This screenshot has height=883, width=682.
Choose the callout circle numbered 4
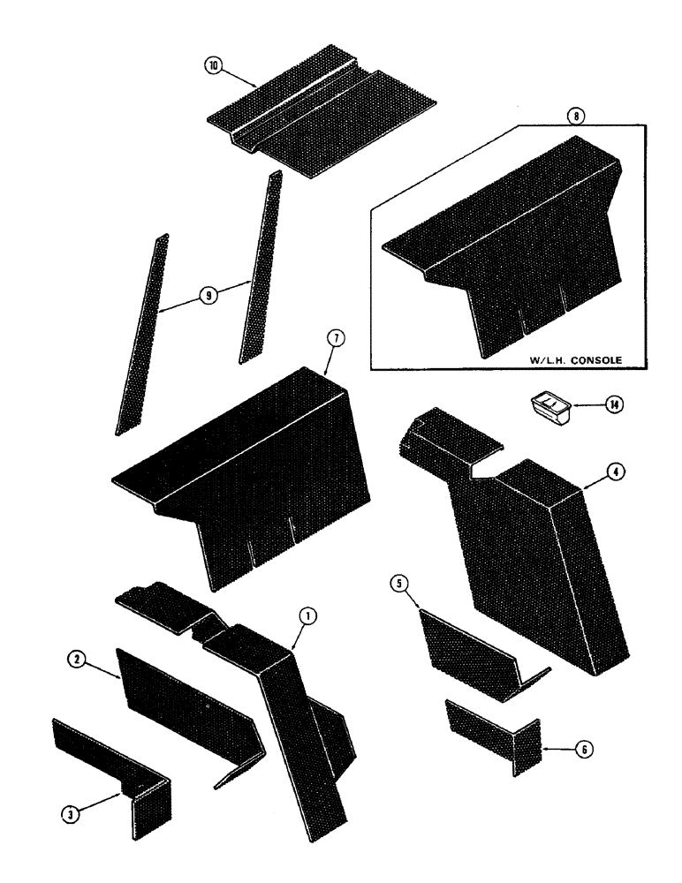point(618,472)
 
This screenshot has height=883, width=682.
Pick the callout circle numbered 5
point(400,584)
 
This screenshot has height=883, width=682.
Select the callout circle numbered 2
point(79,660)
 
